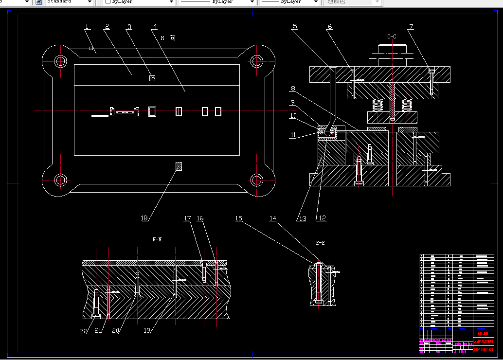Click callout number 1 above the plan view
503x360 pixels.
pyautogui.click(x=87, y=26)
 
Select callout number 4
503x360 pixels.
pyautogui.click(x=155, y=26)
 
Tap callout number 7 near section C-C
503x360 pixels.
pyautogui.click(x=411, y=27)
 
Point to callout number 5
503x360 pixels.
pyautogui.click(x=295, y=27)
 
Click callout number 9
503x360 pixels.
pyautogui.click(x=293, y=103)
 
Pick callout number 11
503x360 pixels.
pyautogui.click(x=293, y=136)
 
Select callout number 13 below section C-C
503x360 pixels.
pyautogui.click(x=303, y=218)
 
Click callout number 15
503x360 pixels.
pyautogui.click(x=238, y=219)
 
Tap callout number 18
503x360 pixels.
pyautogui.click(x=144, y=218)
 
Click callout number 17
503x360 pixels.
pyautogui.click(x=187, y=219)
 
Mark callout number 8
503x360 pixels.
pyautogui.click(x=293, y=89)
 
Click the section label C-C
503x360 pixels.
pyautogui.click(x=392, y=36)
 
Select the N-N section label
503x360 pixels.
pyautogui.click(x=157, y=239)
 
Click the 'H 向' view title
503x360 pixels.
pyautogui.click(x=168, y=37)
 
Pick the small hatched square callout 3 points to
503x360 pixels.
pyautogui.click(x=152, y=78)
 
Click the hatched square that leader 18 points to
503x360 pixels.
pyautogui.click(x=179, y=166)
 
